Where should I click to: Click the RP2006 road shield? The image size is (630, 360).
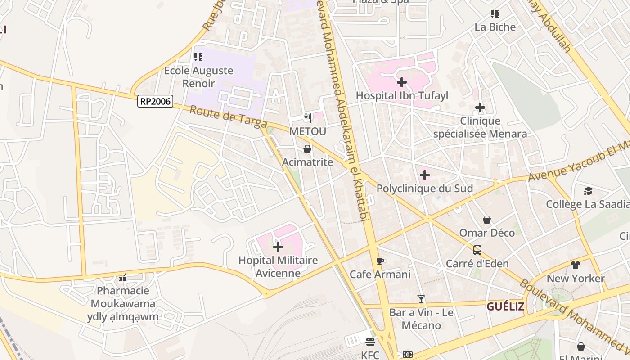155,101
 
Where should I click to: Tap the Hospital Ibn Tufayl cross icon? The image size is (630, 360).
402,82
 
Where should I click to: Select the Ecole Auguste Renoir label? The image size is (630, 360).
198,77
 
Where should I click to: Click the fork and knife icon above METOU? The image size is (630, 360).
308,118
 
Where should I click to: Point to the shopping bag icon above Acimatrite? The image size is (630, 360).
307,149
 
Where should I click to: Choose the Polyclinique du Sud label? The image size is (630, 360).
424,189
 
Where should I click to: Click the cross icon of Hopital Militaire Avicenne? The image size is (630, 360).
278,247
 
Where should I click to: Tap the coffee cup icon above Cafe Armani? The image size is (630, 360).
380,261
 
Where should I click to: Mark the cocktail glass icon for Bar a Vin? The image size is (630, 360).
421,299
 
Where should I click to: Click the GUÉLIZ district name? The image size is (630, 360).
505,307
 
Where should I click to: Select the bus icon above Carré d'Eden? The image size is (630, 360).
477,250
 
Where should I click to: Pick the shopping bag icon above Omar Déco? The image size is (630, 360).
487,220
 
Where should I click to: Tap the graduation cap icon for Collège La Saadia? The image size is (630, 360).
588,191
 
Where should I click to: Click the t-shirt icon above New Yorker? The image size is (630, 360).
576,265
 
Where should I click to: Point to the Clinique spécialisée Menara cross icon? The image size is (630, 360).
480,108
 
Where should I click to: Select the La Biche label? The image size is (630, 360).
495,27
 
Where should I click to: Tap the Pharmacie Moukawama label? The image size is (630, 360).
123,297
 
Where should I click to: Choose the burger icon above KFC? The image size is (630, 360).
370,342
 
